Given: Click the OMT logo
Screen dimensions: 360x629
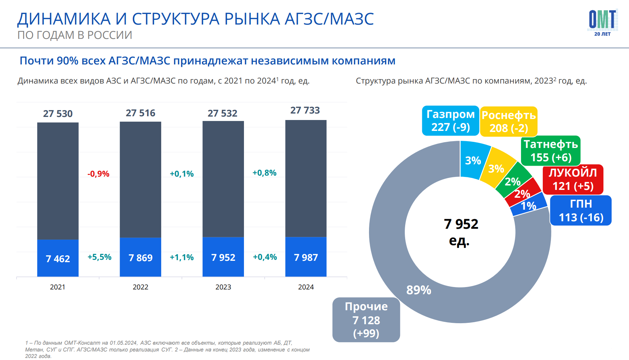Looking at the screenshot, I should [x=602, y=22].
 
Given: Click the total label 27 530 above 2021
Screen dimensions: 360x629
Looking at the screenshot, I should [x=58, y=114].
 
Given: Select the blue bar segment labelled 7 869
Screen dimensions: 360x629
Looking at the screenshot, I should [x=140, y=257].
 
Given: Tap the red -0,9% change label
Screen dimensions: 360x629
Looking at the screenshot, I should [x=98, y=174].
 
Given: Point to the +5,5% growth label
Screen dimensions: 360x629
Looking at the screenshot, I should [x=99, y=257].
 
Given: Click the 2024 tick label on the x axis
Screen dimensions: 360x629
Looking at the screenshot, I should [x=306, y=287].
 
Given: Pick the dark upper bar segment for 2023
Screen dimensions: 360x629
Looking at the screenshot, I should [x=223, y=179].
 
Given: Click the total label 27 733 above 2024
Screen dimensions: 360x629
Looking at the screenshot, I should [x=305, y=110].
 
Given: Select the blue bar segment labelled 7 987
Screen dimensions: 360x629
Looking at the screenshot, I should [x=306, y=257].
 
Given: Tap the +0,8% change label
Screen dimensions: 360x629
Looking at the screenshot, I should [x=264, y=173].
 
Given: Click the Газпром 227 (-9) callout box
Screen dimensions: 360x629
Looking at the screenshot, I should [x=450, y=121].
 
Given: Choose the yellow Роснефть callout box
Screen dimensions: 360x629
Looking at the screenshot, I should [x=509, y=122].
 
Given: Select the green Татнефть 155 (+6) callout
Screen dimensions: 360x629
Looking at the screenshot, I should [x=551, y=151].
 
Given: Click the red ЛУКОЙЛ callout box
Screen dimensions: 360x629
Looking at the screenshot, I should [x=573, y=179].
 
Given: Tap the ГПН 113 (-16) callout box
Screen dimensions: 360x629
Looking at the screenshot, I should [x=581, y=210].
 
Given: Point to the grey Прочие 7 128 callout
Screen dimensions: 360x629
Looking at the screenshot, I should [x=366, y=320].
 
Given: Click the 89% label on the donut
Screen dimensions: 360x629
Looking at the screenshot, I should [x=419, y=290].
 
